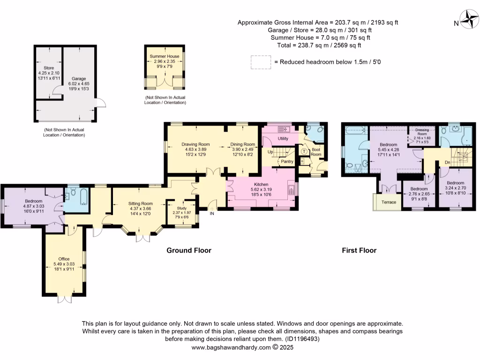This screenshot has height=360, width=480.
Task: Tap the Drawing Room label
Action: click(x=195, y=144)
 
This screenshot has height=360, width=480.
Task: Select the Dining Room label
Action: click(x=242, y=144)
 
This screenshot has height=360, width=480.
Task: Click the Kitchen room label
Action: click(x=261, y=185)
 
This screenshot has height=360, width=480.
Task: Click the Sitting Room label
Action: click(x=141, y=204)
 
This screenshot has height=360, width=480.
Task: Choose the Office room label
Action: click(x=64, y=259)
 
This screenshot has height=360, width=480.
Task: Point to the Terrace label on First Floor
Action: click(x=389, y=202)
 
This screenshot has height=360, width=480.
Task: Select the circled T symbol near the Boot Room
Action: click(x=303, y=151)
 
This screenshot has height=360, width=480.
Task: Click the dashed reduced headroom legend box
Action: click(x=260, y=62)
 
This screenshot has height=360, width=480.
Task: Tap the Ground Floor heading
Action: click(x=189, y=250)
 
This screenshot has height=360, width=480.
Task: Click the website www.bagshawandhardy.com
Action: click(x=231, y=348)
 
